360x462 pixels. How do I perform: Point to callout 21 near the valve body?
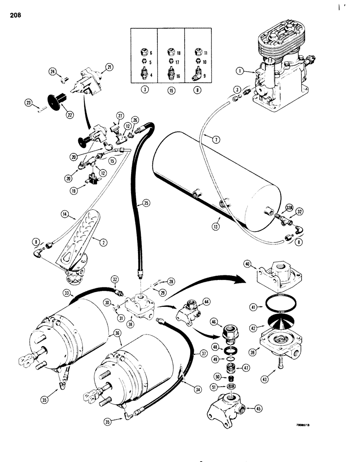109,67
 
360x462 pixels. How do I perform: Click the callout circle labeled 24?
53,71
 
